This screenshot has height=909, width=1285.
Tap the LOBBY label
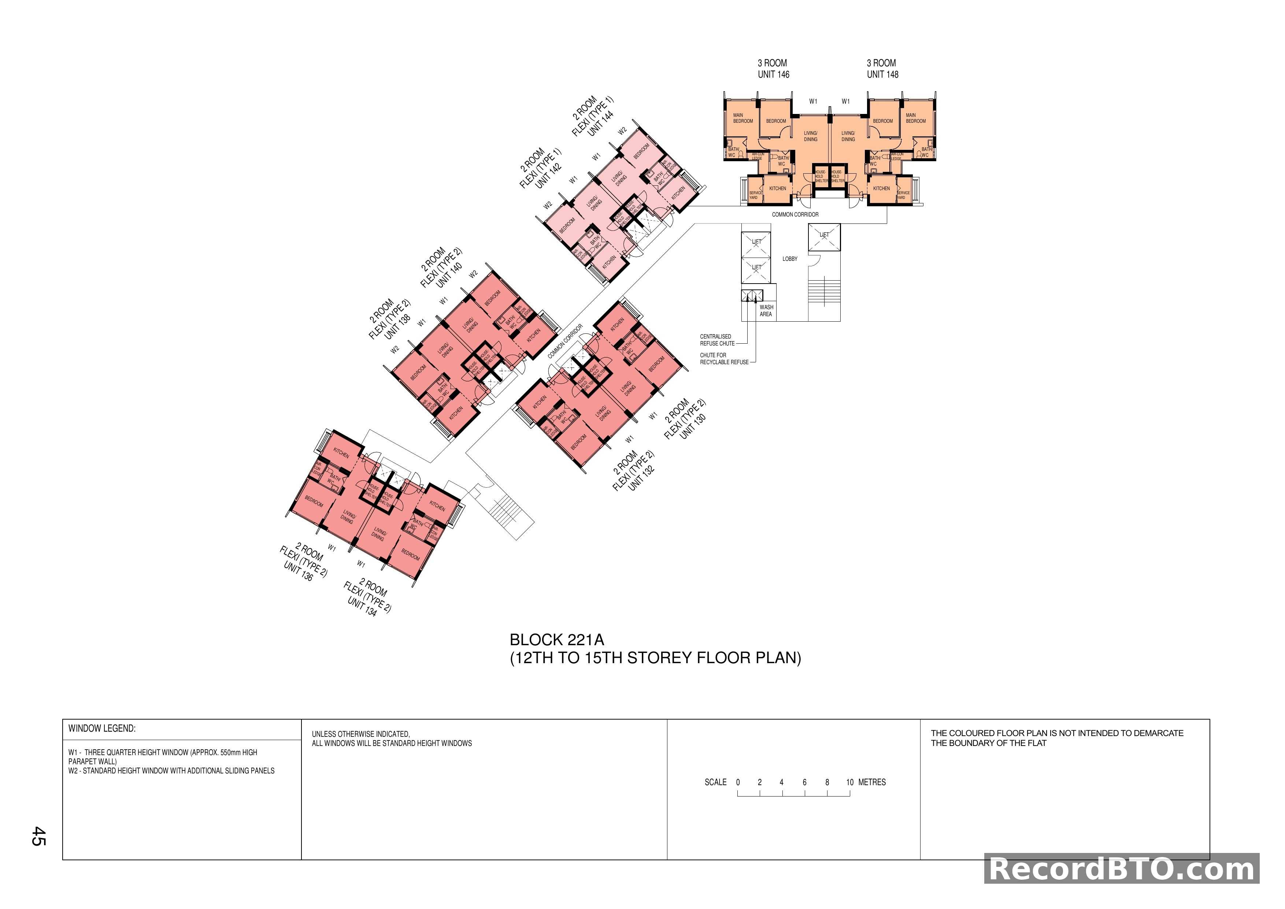click(x=790, y=259)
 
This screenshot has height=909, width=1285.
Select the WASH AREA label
click(x=766, y=311)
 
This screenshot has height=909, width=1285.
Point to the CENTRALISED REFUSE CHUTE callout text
click(x=717, y=340)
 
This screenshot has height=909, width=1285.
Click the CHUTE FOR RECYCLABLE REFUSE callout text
click(x=724, y=359)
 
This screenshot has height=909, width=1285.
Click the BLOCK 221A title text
click(x=556, y=640)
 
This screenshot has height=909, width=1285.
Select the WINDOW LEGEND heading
click(x=102, y=728)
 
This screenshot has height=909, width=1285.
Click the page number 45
click(x=38, y=836)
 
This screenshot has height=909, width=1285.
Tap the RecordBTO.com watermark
click(x=1122, y=869)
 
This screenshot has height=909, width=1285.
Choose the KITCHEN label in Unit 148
click(x=881, y=189)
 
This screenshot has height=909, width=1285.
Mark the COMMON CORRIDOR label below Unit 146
click(x=795, y=214)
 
